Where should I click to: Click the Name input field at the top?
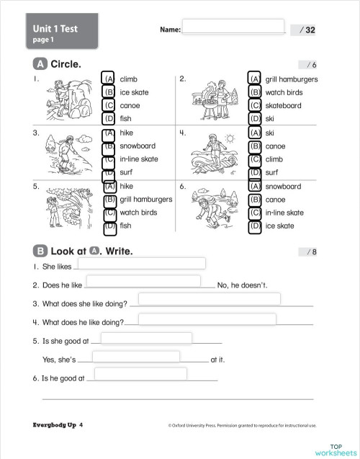click(233, 26)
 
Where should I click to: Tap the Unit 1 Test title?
click(55, 29)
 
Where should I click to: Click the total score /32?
click(307, 30)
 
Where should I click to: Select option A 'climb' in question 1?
click(109, 79)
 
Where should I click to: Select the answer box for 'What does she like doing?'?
click(209, 299)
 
